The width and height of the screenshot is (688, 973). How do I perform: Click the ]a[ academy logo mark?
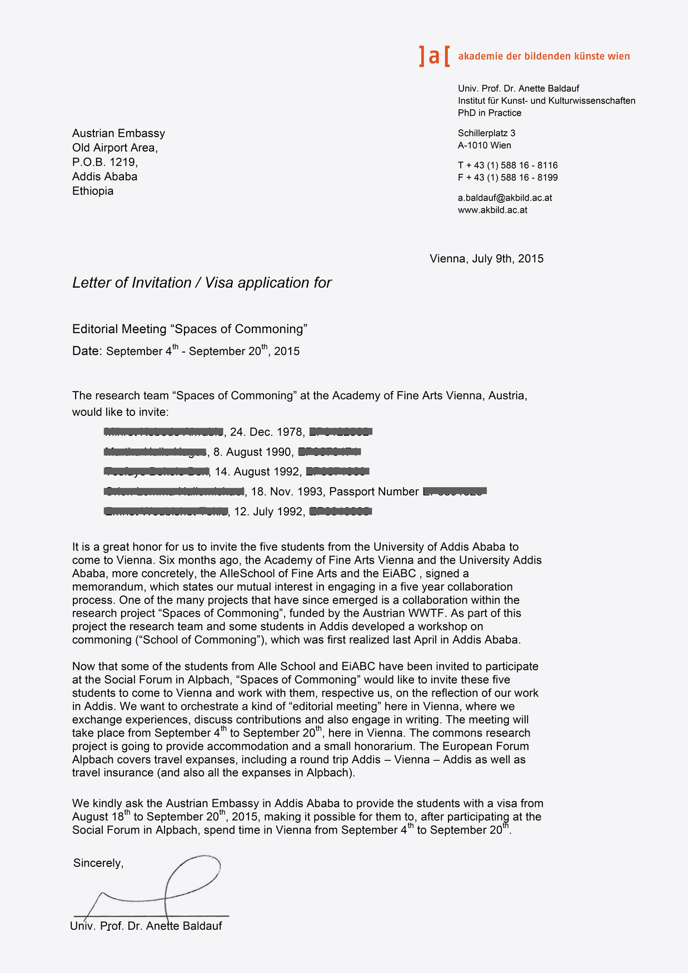coord(434,56)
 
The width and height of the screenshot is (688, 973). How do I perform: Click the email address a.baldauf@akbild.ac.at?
coord(505,198)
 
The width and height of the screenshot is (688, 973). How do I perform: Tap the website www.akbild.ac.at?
coord(492,210)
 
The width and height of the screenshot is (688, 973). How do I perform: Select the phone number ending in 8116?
coord(507,165)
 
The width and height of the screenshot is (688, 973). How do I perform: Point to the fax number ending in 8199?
coord(507,178)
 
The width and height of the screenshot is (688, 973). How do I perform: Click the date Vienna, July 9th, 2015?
coord(486,259)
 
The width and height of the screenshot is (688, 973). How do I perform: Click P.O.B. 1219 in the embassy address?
coord(104,162)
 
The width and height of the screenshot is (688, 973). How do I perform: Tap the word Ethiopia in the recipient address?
coord(93,191)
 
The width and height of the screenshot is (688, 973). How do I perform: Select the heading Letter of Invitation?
coord(132,283)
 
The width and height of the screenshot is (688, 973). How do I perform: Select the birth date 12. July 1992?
coord(268,512)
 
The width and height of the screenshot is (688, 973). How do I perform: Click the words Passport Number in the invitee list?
coord(374,492)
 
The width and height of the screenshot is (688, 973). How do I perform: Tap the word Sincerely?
coord(98,863)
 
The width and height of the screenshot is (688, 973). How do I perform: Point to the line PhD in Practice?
coord(490,113)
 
